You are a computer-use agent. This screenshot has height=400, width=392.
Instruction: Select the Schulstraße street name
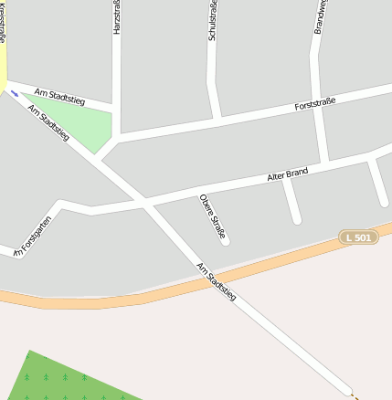click(x=212, y=21)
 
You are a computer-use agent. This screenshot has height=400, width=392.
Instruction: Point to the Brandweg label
click(x=320, y=16)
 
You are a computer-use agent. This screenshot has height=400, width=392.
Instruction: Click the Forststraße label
click(x=315, y=103)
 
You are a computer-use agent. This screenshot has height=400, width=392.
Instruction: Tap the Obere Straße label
click(x=212, y=216)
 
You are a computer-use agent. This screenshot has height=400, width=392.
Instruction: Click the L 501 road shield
click(x=359, y=237)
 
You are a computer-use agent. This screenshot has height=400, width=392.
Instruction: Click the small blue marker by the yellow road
click(x=15, y=93)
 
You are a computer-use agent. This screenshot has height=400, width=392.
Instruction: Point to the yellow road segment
click(x=3, y=64)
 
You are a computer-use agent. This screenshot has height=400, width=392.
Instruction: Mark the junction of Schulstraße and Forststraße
click(x=217, y=119)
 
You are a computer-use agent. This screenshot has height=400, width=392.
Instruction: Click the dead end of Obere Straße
click(x=225, y=241)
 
